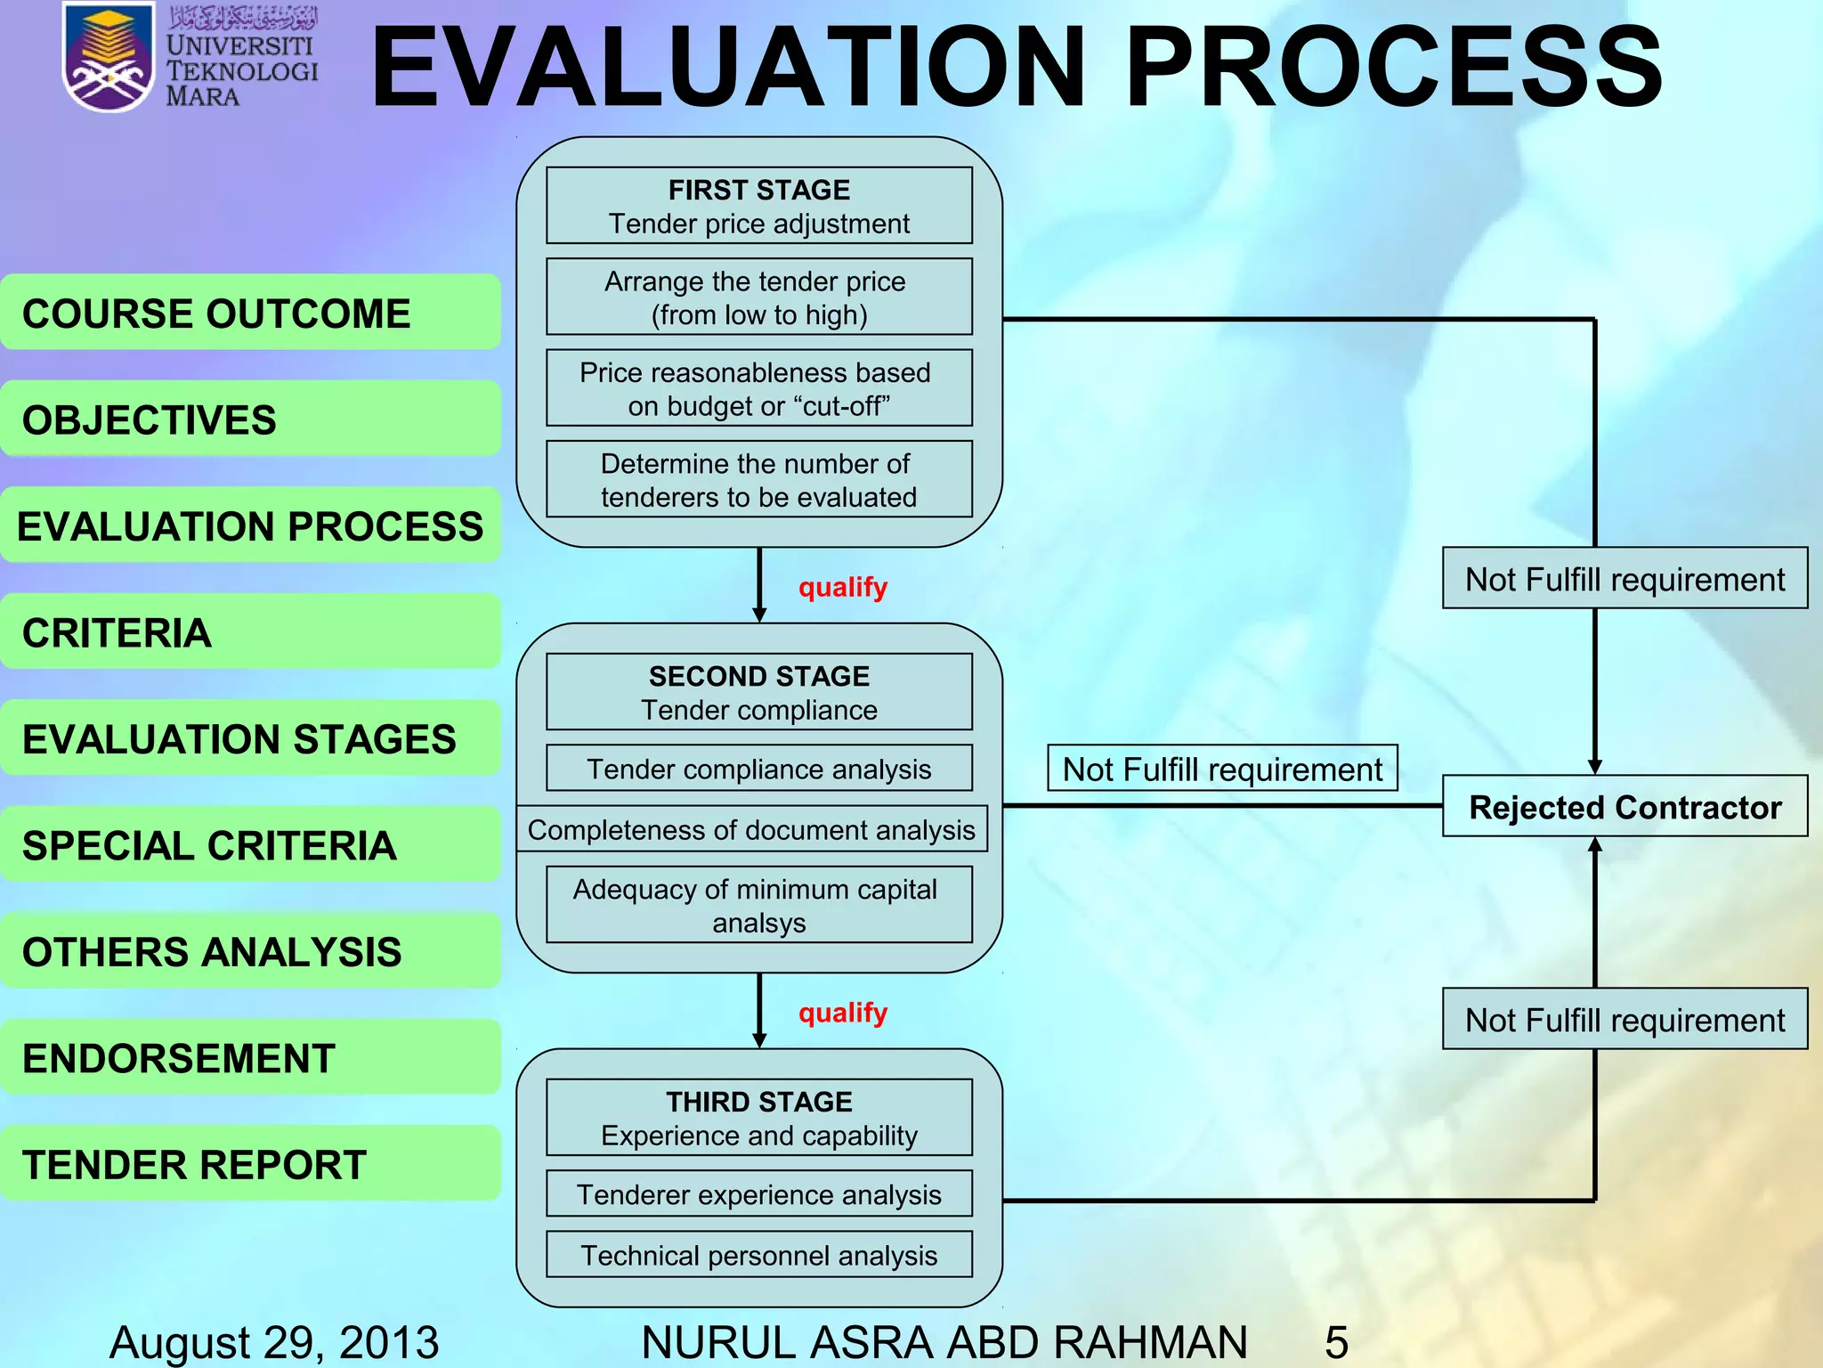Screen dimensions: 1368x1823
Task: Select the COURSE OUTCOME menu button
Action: click(250, 313)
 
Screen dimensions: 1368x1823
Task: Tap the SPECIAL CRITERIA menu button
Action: click(250, 844)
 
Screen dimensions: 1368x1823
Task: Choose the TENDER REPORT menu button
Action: click(250, 1163)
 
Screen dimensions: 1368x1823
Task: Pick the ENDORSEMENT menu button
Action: click(250, 1057)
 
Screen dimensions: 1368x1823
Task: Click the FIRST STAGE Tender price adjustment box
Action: click(758, 206)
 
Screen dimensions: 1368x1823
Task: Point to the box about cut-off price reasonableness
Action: click(758, 388)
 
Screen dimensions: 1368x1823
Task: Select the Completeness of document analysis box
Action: click(751, 829)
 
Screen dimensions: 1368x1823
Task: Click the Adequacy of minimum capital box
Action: click(758, 905)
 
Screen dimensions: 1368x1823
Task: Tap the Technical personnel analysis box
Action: click(758, 1254)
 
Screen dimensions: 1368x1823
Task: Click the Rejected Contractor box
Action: click(1624, 806)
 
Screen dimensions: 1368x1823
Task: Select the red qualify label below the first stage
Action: click(842, 587)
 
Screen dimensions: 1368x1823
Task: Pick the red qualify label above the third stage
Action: click(842, 1013)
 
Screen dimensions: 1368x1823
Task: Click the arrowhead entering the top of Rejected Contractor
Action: click(1594, 767)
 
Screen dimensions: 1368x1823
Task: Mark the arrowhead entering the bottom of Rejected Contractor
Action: click(1594, 845)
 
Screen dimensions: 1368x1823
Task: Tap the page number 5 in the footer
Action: click(1336, 1341)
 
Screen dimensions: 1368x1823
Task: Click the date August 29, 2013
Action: click(274, 1341)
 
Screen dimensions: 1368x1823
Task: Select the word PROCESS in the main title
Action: click(1393, 67)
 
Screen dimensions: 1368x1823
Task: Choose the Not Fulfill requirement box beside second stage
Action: click(1222, 769)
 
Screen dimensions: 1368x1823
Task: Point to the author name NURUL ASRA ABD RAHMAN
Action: click(944, 1341)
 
